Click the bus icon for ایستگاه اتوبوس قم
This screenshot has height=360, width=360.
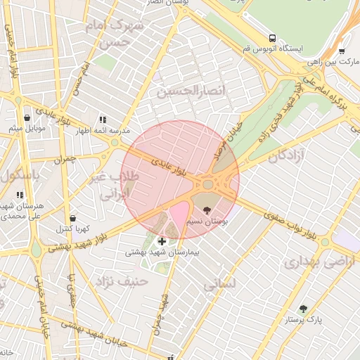point(272,38)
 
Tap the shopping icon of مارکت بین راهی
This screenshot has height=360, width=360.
point(342,51)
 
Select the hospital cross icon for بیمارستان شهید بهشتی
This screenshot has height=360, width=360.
point(162,241)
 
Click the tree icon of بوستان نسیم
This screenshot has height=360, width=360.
point(205,210)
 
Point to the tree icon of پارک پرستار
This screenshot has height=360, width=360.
point(303,309)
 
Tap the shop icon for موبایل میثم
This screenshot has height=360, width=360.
point(27,118)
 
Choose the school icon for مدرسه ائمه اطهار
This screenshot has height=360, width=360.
point(103,120)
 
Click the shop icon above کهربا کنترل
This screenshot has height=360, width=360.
point(73,218)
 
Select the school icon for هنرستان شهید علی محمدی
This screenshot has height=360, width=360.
point(20,194)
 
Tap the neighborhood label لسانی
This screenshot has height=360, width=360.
point(219,284)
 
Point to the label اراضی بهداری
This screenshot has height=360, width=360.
point(311,263)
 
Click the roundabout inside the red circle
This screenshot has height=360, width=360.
point(208,185)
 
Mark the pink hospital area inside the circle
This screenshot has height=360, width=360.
point(179,214)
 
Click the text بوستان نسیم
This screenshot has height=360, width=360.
point(205,221)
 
